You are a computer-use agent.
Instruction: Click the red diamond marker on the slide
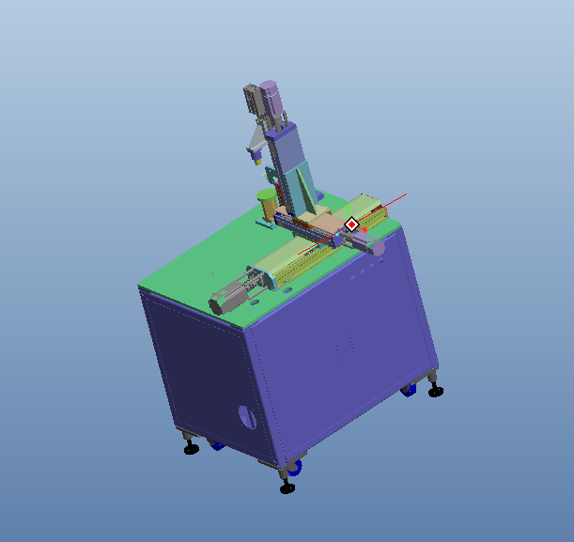coord(351,225)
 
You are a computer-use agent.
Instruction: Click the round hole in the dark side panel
coord(248,416)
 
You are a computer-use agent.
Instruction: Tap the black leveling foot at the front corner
coord(287,487)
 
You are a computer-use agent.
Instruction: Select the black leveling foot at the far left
coord(192,448)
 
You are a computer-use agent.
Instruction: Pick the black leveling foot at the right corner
coord(436,391)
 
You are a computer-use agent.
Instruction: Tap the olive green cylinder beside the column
coord(268,204)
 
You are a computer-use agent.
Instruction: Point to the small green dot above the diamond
coord(350,215)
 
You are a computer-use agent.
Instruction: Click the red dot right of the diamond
coord(365,229)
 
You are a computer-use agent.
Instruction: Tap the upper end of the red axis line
coord(406,194)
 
